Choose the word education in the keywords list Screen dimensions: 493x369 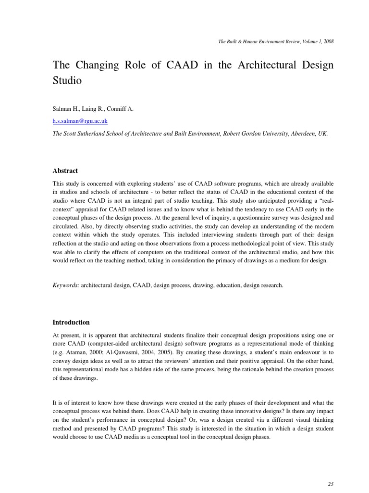click(215, 285)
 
